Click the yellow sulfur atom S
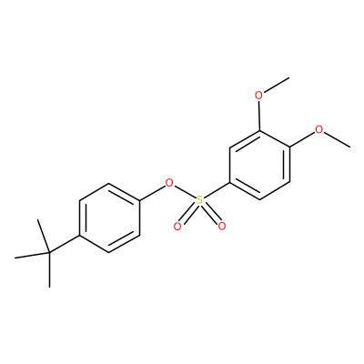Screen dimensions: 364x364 tap(199, 200)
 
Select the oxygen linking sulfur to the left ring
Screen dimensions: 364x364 tap(169, 183)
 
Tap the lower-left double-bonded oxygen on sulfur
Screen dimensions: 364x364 tap(177, 227)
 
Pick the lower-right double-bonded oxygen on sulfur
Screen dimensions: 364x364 tap(222, 227)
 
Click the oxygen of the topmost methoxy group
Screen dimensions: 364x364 tap(258, 96)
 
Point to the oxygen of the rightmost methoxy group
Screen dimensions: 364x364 tap(319, 130)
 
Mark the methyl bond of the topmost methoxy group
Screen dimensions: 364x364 tap(276, 86)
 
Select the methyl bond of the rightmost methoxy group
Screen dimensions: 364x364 tap(337, 140)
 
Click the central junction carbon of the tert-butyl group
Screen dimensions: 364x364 tap(49, 253)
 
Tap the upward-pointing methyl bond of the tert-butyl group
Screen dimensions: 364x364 tap(43, 236)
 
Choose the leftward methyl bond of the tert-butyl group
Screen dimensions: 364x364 tap(32, 256)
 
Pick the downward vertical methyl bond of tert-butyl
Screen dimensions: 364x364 tap(49, 270)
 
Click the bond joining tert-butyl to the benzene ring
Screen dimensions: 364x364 tap(64, 244)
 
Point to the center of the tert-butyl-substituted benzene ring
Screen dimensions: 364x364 tap(109, 217)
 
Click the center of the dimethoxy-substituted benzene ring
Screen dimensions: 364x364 tap(259, 165)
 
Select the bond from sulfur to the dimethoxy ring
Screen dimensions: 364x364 tap(217, 191)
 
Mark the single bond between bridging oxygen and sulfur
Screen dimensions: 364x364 tap(184, 192)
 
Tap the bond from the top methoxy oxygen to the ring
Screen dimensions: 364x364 tap(258, 116)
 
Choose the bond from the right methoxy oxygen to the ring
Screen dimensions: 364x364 tap(302, 139)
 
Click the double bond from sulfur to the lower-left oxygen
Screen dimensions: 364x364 tap(187, 214)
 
